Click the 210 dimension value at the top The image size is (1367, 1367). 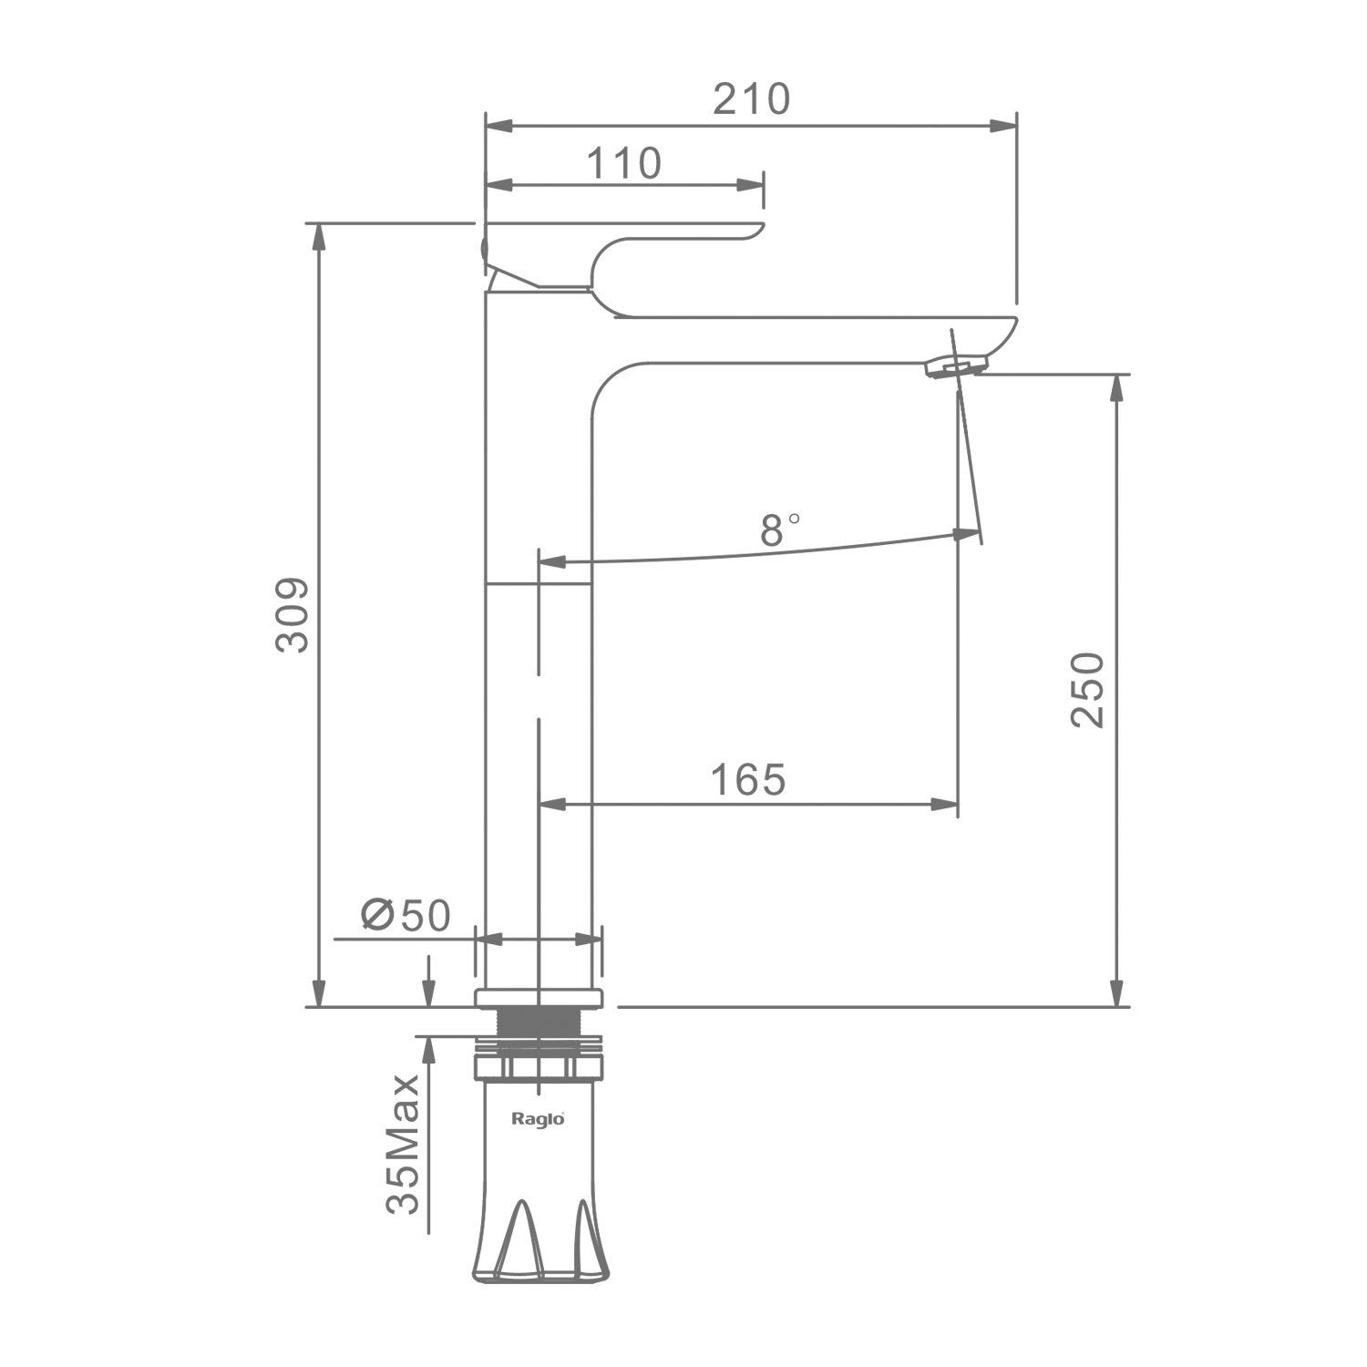tap(751, 99)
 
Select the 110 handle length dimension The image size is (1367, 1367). tap(623, 164)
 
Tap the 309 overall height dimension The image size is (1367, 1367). tap(293, 614)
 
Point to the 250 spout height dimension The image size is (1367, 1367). tap(1087, 689)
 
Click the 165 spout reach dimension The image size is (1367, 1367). tap(747, 780)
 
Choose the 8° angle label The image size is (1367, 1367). tap(780, 529)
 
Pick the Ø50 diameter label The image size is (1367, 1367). tap(406, 916)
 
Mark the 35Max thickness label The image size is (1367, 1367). tap(403, 1145)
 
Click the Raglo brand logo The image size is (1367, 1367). tap(538, 1118)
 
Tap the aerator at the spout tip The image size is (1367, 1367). tap(955, 366)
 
